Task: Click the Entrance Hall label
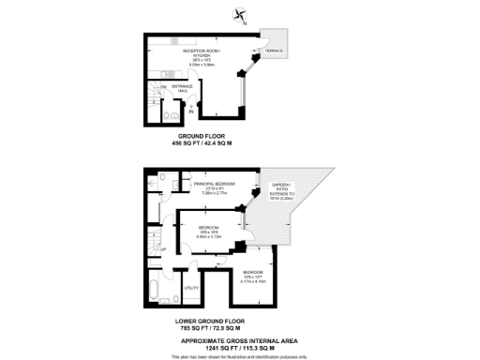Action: click(x=183, y=88)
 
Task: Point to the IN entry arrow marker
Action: click(x=191, y=111)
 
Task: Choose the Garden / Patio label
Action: click(x=283, y=190)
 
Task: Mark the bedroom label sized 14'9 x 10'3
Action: click(x=209, y=232)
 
